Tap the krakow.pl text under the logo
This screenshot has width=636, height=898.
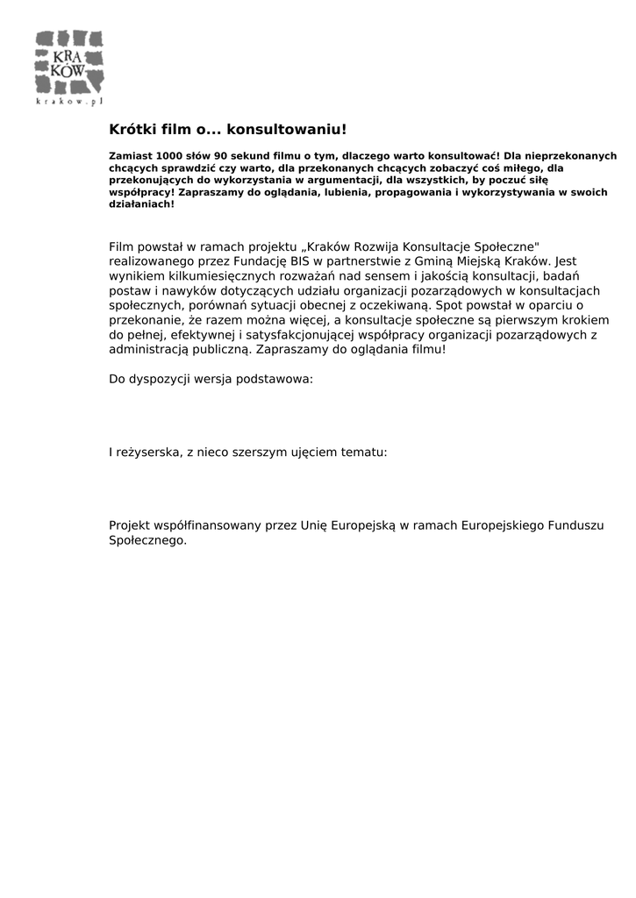tap(69, 102)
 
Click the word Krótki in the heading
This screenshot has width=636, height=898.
tap(130, 130)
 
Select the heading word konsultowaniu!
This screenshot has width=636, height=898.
tap(287, 130)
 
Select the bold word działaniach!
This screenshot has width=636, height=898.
tap(141, 203)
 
